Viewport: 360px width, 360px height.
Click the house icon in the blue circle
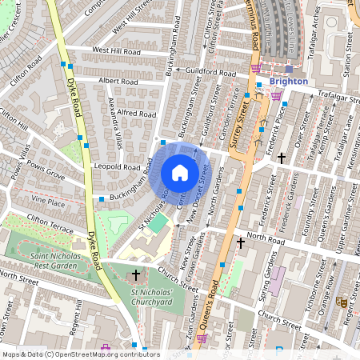coord(180,172)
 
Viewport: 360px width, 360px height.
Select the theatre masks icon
coord(341,302)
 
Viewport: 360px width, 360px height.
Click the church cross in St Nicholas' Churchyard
coord(136,275)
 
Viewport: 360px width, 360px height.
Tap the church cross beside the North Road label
coord(241,241)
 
